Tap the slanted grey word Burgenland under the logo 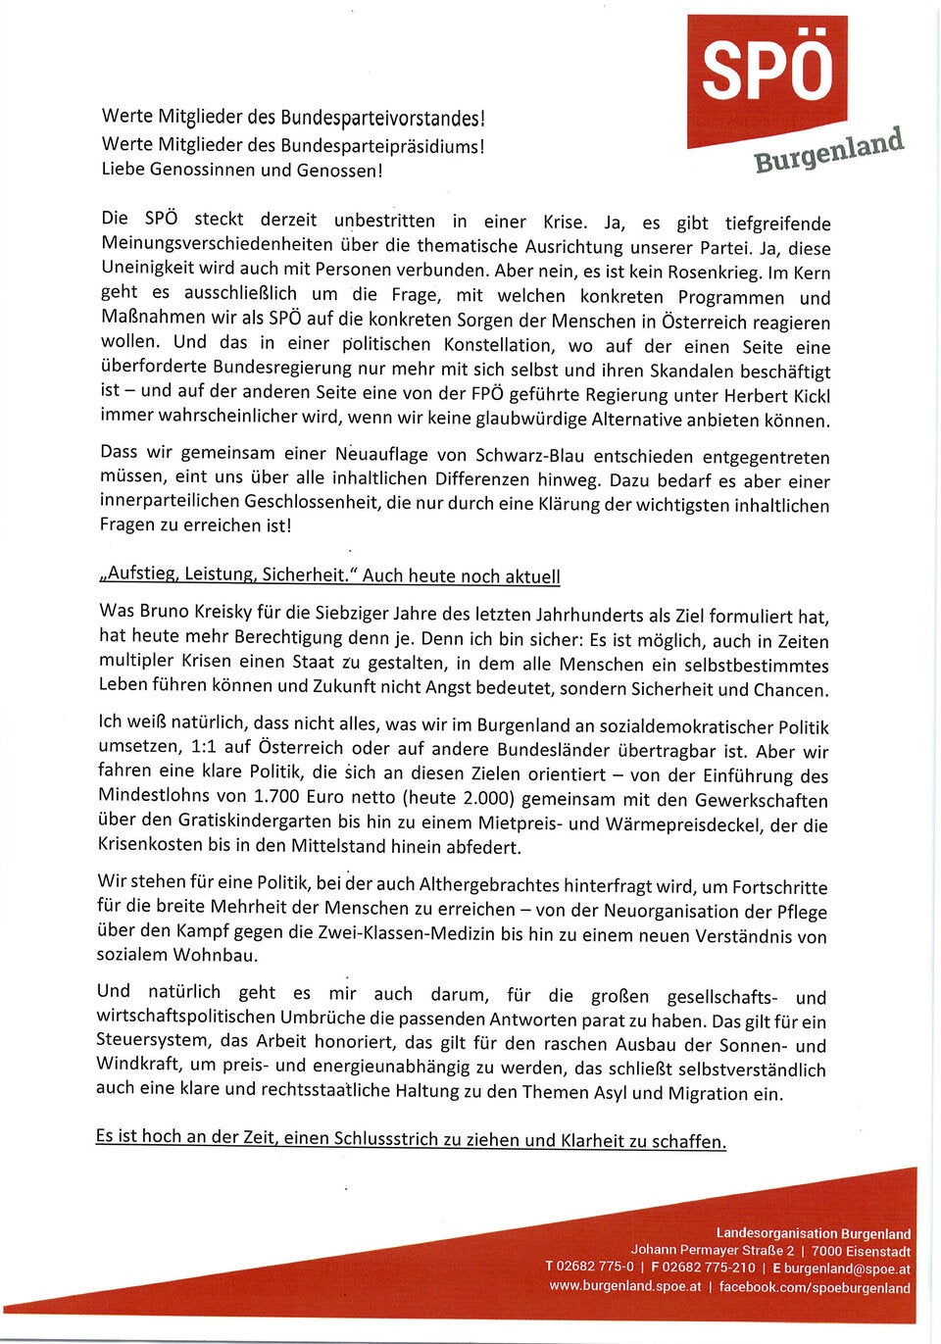(828, 150)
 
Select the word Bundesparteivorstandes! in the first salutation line (382, 119)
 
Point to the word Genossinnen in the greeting (201, 170)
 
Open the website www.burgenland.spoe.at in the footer (624, 1287)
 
